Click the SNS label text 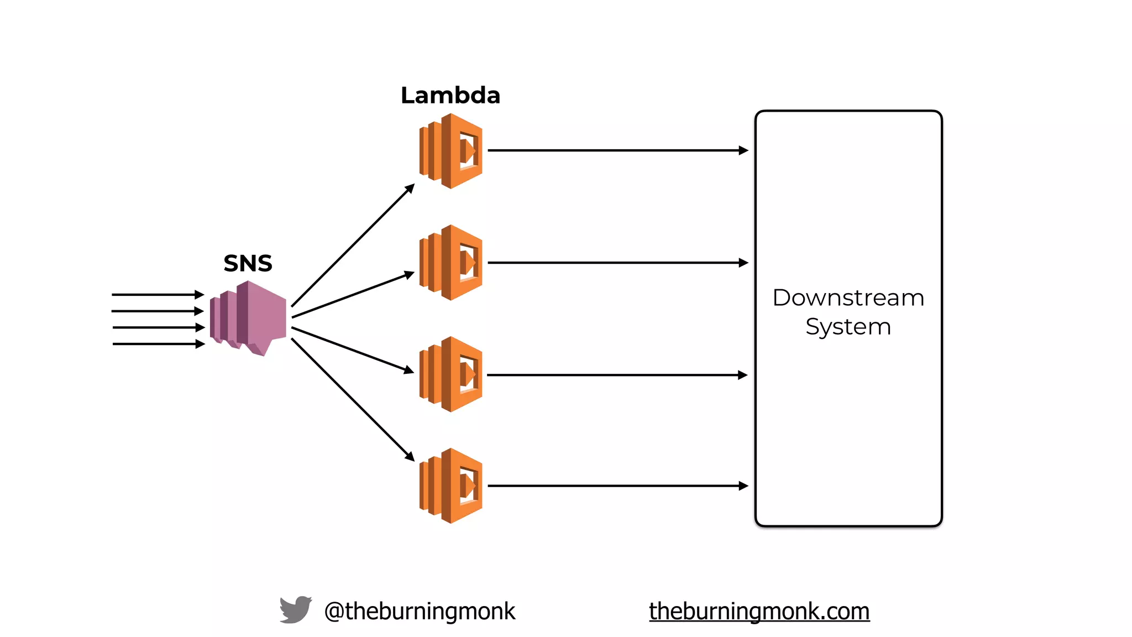click(x=248, y=263)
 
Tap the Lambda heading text click(x=450, y=95)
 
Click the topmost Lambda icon click(x=451, y=151)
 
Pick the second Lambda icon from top click(x=451, y=263)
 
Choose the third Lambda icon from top click(x=451, y=374)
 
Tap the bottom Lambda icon click(x=451, y=485)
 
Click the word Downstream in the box click(x=848, y=298)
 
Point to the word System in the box click(x=848, y=327)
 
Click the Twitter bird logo click(x=295, y=610)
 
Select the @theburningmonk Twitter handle click(x=420, y=611)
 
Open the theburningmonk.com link click(x=759, y=611)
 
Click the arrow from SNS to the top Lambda click(x=353, y=245)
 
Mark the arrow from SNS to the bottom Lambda click(x=353, y=400)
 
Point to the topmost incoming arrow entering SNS click(x=158, y=295)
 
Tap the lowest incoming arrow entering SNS click(x=158, y=344)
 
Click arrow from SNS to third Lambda click(x=353, y=350)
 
